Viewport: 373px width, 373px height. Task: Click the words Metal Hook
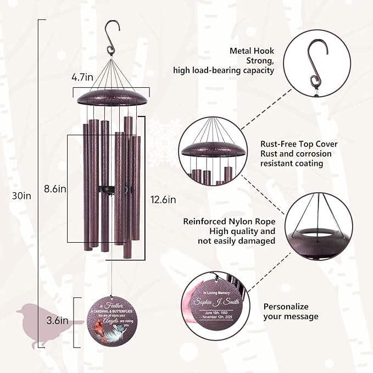(252, 51)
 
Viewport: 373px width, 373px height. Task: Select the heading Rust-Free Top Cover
(299, 144)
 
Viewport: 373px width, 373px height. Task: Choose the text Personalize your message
(291, 311)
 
